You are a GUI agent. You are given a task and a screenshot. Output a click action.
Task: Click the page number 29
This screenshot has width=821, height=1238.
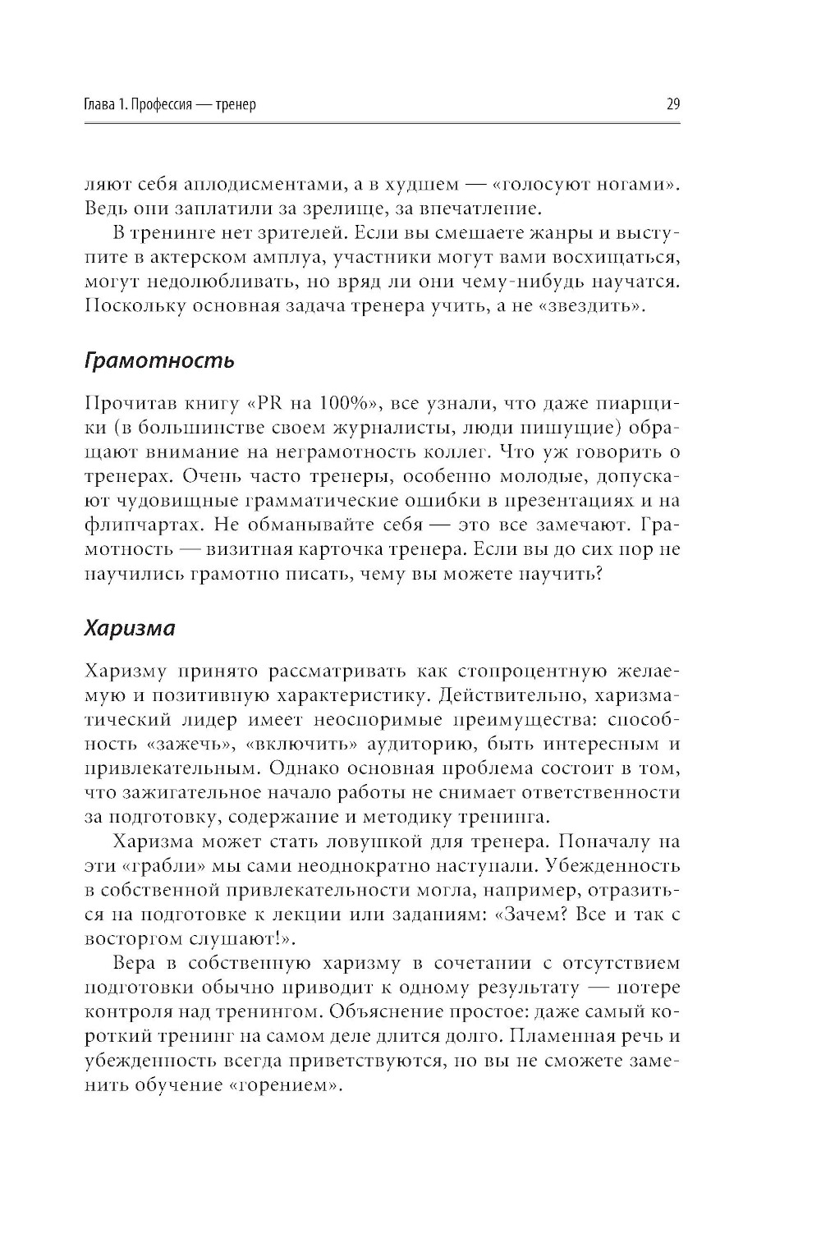point(673,104)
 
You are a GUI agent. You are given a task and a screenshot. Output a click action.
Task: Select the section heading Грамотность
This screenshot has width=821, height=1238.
point(159,360)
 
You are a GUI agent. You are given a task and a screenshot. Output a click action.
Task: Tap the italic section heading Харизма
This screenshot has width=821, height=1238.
point(130,628)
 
